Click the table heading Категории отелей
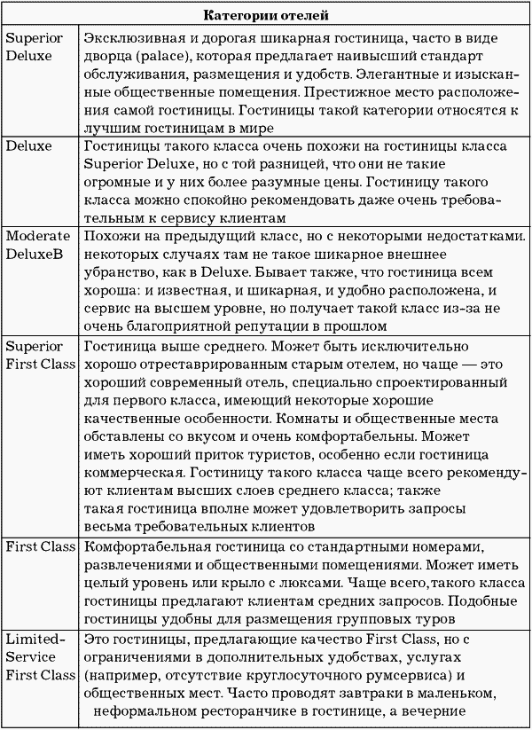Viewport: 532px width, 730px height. click(x=266, y=15)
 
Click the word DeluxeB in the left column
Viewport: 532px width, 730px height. click(x=35, y=255)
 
